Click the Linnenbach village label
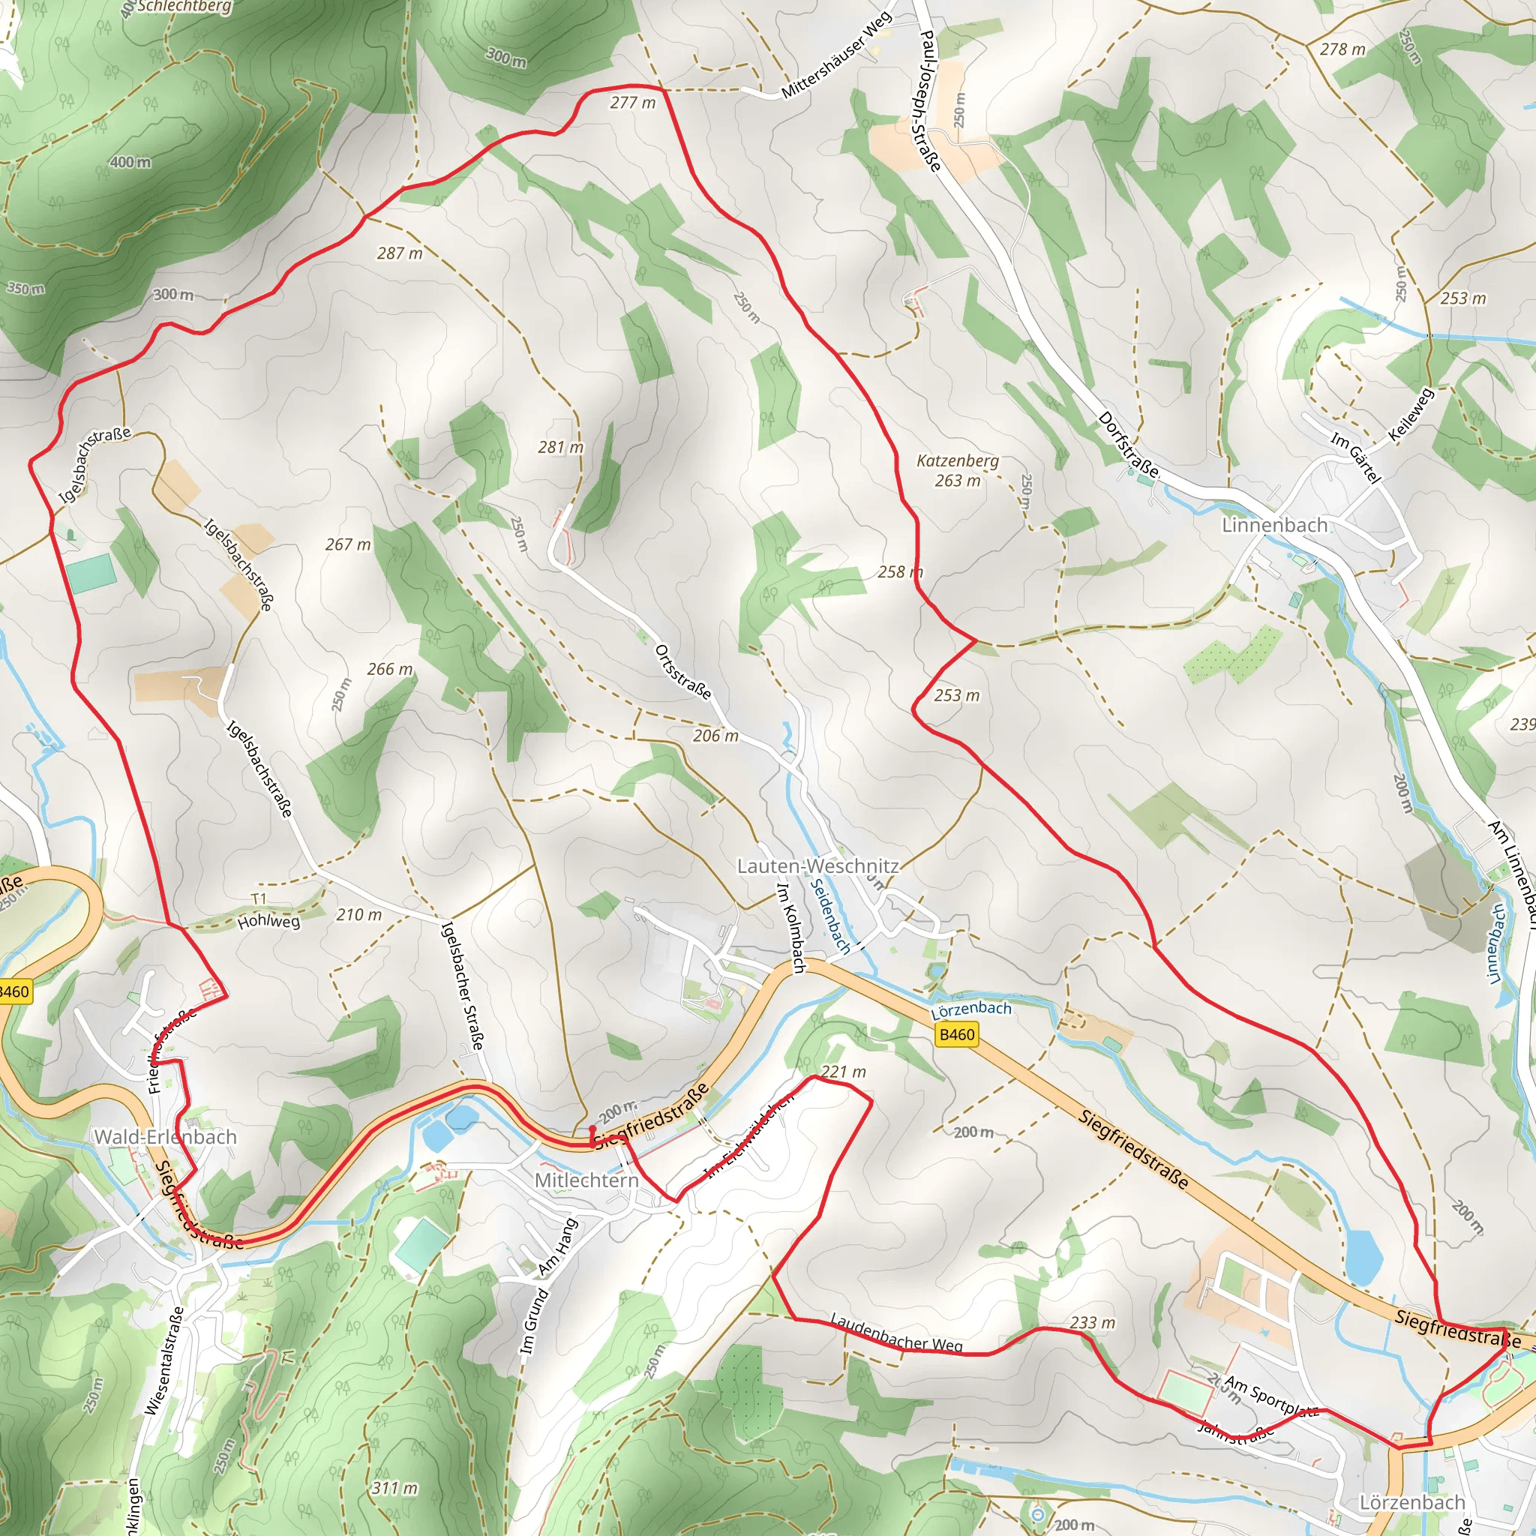pos(1274,526)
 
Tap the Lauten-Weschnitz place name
pos(817,865)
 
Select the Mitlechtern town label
pos(586,1180)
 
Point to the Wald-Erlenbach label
pos(165,1137)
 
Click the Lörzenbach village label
pos(1412,1502)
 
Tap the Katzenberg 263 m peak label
pos(957,471)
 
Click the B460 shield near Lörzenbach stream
pos(956,1034)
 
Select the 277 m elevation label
pos(633,103)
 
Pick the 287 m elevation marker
pos(399,253)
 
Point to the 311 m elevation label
pos(394,1487)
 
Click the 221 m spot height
pos(843,1072)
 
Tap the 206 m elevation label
pos(715,736)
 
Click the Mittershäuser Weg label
pos(836,56)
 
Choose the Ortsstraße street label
pos(683,673)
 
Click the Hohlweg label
pos(268,922)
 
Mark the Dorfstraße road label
pos(1127,445)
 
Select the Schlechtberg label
pos(184,7)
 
